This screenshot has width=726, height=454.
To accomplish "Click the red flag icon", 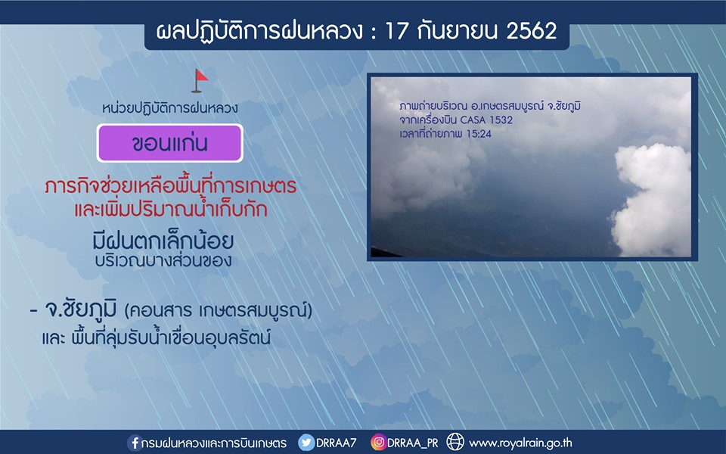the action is click(200, 81).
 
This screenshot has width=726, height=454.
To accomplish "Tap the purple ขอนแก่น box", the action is click(170, 143).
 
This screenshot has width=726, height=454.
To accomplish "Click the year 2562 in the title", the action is click(531, 31).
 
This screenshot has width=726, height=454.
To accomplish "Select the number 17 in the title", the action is click(397, 31).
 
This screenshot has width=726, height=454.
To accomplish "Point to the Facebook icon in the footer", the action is click(135, 443).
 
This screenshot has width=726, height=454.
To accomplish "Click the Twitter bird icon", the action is click(306, 443).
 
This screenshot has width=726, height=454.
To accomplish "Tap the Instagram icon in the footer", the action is click(378, 443).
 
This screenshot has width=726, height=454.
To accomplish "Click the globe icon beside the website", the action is click(455, 442).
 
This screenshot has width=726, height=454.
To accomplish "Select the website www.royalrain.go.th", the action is click(520, 443).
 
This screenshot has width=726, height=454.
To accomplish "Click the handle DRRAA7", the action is click(336, 443).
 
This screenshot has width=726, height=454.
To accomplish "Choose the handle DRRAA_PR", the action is click(413, 443).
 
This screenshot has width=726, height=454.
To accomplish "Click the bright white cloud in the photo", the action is click(652, 199).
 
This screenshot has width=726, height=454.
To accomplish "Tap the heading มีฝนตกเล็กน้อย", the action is click(163, 241).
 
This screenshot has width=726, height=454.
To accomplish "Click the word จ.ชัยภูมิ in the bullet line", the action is click(81, 310).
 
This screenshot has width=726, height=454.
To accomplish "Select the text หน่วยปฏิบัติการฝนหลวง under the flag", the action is click(170, 108).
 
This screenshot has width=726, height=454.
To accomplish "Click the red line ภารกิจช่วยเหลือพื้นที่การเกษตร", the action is click(171, 186).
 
